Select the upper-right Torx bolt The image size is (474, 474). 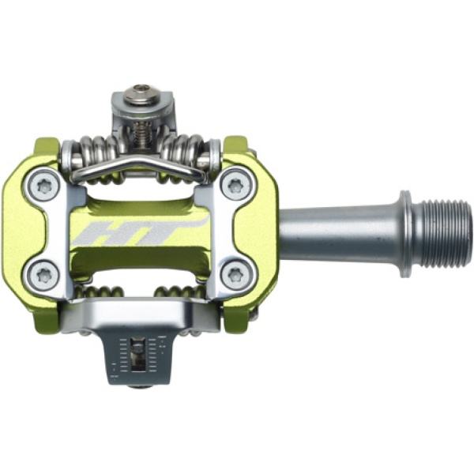point(235,186)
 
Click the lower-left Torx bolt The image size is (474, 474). point(44,274)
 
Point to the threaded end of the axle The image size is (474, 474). point(446,235)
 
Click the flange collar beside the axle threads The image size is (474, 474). point(408,234)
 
